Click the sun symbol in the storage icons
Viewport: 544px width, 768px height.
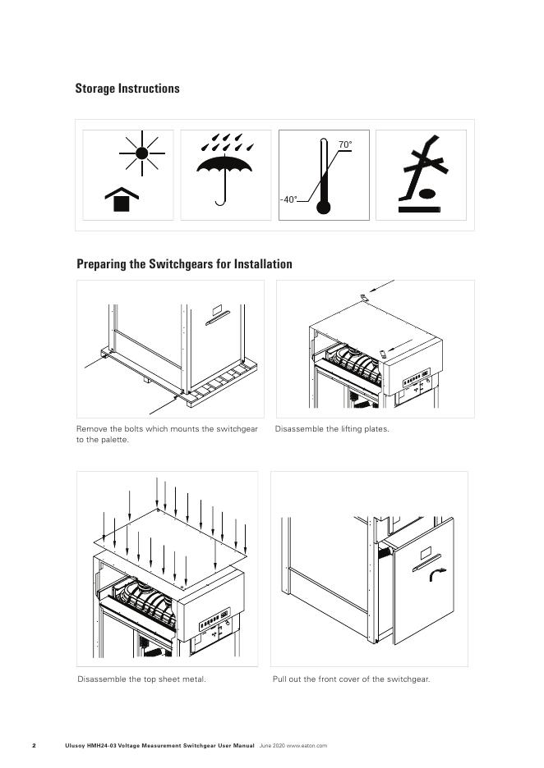click(142, 153)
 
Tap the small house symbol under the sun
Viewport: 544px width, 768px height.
click(122, 199)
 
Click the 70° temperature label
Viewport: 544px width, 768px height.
click(345, 144)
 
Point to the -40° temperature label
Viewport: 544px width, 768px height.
click(288, 200)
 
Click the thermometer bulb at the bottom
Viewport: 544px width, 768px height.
click(323, 208)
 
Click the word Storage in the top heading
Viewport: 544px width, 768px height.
click(95, 89)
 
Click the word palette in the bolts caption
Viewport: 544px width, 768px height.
click(115, 440)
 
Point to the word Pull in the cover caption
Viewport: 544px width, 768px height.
click(279, 679)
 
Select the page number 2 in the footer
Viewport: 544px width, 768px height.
click(34, 746)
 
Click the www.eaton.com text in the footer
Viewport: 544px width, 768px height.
click(307, 746)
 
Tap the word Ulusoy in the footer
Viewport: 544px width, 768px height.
click(75, 746)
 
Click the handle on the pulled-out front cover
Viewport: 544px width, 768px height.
click(426, 562)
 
